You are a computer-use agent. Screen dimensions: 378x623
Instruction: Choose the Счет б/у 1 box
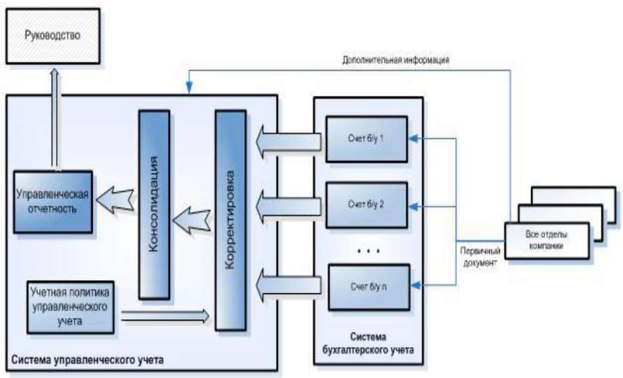[366, 139]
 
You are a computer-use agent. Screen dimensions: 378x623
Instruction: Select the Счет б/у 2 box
[366, 204]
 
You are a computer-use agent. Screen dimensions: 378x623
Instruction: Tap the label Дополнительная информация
[395, 60]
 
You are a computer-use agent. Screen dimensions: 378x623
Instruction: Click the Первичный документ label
[478, 255]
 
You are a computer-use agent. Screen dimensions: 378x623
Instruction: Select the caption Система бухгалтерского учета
[368, 343]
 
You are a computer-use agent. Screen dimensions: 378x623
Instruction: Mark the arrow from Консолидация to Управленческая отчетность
[115, 199]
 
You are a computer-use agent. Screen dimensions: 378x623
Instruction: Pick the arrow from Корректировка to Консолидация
[192, 222]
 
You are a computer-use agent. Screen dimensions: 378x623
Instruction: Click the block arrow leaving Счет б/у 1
[287, 141]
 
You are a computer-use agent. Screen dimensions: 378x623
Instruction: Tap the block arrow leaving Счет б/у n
[287, 286]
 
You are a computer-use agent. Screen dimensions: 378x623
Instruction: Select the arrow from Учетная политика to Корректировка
[165, 316]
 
